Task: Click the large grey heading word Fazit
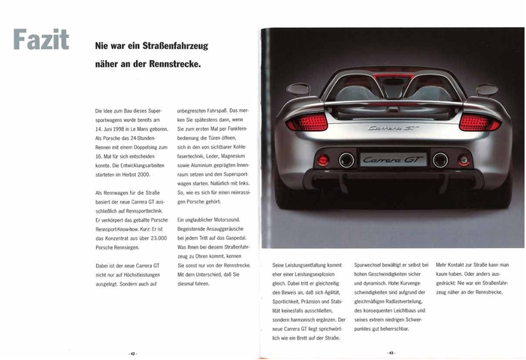pos(41,40)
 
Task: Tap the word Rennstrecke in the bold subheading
pos(174,64)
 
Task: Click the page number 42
pos(132,352)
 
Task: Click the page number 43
pos(391,352)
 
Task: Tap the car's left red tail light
pos(307,123)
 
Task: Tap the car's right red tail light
pos(479,123)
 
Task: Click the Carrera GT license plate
pos(393,159)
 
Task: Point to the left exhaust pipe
pos(346,159)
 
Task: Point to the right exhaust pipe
pos(440,159)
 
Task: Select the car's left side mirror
pos(298,89)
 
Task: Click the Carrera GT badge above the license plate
pos(393,128)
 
